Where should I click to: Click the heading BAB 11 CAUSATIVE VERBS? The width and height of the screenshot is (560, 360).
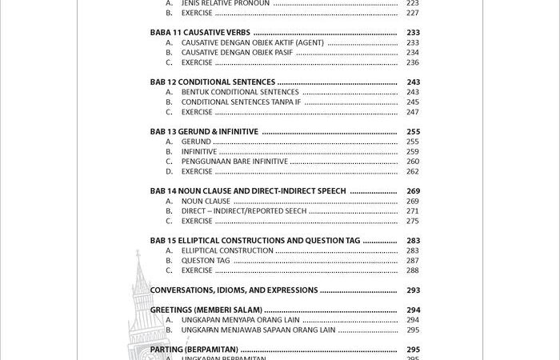(194, 33)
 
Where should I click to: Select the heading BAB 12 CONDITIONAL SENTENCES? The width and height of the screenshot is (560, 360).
(213, 82)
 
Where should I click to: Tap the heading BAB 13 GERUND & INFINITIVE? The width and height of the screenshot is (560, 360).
(204, 132)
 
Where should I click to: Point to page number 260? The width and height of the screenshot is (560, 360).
(412, 162)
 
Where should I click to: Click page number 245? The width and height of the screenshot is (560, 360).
(412, 102)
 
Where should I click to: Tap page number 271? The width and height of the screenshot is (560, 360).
(412, 211)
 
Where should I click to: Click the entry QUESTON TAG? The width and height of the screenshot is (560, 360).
(206, 261)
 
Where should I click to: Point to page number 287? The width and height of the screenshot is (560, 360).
(412, 261)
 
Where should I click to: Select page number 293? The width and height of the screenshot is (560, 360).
(413, 290)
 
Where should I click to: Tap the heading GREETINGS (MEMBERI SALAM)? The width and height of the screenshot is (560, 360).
(206, 310)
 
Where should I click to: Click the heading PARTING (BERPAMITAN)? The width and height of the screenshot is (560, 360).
(194, 350)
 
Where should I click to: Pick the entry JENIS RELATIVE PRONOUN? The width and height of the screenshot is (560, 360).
(226, 3)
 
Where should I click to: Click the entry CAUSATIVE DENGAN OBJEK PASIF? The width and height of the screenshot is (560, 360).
(237, 53)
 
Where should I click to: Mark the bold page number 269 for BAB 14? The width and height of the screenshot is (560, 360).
(413, 191)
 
